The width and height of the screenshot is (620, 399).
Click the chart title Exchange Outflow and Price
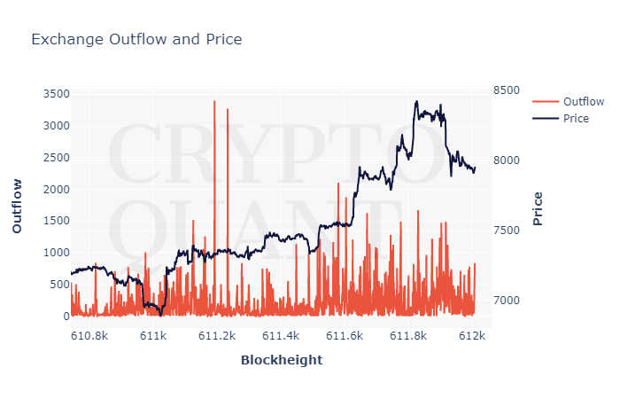click(136, 40)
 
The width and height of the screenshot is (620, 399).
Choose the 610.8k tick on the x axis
click(89, 337)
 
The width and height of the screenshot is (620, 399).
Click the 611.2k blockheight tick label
click(217, 337)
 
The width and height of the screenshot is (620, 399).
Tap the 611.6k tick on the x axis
click(345, 337)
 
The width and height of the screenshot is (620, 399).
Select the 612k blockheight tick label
click(473, 337)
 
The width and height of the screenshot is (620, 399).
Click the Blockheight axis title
click(281, 360)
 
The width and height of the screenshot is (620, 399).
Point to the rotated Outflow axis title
click(17, 206)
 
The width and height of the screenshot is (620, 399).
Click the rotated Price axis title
click(538, 208)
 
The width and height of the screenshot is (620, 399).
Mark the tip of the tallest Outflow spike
click(214, 101)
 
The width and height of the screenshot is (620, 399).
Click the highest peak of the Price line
click(416, 101)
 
